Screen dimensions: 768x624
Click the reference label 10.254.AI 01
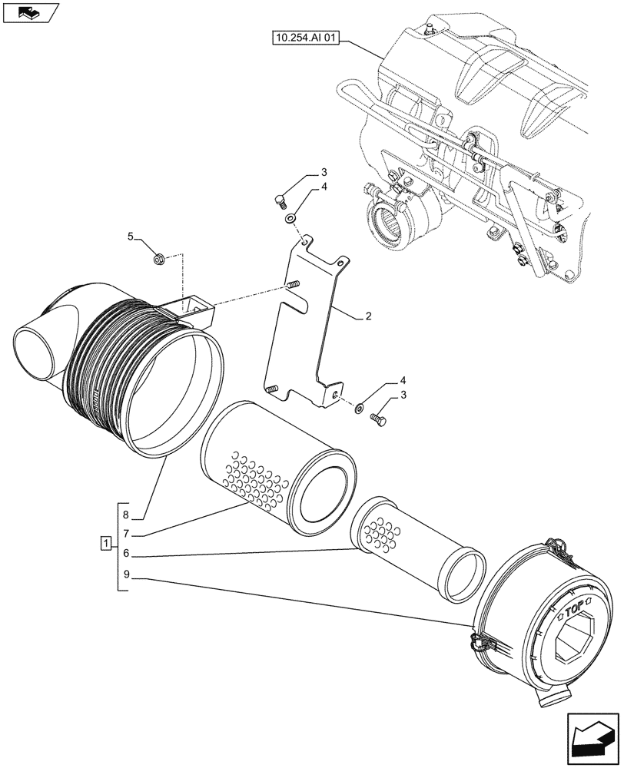304,38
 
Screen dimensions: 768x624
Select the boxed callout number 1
105,545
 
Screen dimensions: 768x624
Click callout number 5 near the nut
131,237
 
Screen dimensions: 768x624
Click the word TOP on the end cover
573,611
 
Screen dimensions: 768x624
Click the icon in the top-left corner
30,12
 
